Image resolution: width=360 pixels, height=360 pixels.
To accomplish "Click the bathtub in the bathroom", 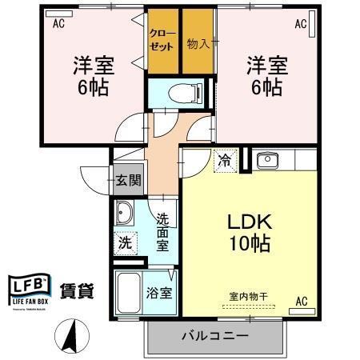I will click(128, 294).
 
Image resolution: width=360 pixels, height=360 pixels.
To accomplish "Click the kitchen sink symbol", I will click(265, 160).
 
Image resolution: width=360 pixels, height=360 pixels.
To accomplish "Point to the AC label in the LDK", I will click(302, 300).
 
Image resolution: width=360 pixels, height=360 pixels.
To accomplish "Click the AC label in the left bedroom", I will click(58, 24).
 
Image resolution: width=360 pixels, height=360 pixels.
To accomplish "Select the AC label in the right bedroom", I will click(301, 24).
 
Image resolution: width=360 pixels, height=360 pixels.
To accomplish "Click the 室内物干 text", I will click(248, 297).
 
